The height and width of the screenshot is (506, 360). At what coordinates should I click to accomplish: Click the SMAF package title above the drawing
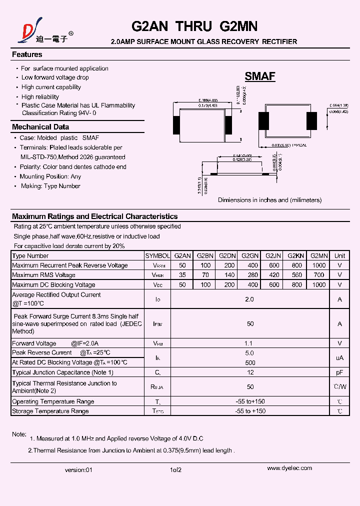click(x=259, y=76)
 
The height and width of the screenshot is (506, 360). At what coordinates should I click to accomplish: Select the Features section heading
click(x=27, y=54)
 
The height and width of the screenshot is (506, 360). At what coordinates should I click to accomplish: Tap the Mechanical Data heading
click(x=40, y=127)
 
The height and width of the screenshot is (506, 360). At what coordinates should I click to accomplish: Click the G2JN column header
click(x=273, y=255)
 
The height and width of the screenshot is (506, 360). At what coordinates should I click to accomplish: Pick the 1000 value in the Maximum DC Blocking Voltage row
click(x=318, y=284)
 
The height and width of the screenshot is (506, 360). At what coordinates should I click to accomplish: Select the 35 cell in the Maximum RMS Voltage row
click(x=182, y=275)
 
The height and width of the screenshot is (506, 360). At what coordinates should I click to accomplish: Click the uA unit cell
click(x=339, y=357)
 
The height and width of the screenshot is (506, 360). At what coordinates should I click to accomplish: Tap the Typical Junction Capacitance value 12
click(x=250, y=372)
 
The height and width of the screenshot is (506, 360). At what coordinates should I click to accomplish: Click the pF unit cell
click(x=339, y=372)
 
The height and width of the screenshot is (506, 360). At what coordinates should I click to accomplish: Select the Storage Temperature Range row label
click(x=50, y=411)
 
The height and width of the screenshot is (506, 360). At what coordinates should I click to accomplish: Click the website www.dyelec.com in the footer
click(x=289, y=468)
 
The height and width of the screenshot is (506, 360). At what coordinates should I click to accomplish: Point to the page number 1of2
click(x=175, y=470)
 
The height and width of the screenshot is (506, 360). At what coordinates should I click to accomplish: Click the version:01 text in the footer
click(x=79, y=470)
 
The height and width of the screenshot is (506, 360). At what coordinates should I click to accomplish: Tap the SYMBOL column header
click(x=157, y=255)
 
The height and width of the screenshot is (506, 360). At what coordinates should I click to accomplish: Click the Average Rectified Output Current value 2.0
click(x=250, y=299)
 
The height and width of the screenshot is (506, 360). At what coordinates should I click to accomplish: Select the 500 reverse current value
click(x=250, y=362)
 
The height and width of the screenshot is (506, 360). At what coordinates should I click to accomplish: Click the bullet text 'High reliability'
click(x=40, y=96)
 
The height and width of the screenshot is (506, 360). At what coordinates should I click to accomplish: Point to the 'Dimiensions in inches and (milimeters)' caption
click(x=269, y=200)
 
